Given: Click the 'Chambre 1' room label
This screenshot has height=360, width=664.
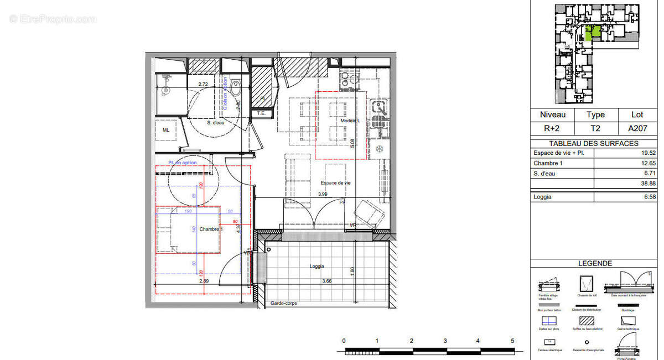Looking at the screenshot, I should coord(211,229).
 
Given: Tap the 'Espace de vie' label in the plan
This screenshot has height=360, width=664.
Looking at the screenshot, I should coord(335,183).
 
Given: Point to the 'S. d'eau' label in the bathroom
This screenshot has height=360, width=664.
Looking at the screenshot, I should coord(215,123).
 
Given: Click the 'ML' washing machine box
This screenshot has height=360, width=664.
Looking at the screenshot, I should coord(166,130).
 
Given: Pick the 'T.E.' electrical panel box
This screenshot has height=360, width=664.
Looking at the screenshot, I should coord(261,113).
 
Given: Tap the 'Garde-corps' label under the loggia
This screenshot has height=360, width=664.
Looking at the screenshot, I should coord(283,303).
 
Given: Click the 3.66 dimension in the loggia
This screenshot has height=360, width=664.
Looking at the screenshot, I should coord(328,281).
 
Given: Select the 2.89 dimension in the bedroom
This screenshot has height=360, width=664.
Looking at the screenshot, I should coord(204,281).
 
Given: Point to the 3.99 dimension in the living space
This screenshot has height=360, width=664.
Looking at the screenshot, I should coord(322,194).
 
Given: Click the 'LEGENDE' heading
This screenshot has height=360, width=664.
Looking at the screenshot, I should coord(595,264).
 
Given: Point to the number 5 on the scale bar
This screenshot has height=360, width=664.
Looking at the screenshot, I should coord(512,341).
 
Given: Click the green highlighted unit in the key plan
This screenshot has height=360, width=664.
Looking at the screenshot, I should coord(591,33).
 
